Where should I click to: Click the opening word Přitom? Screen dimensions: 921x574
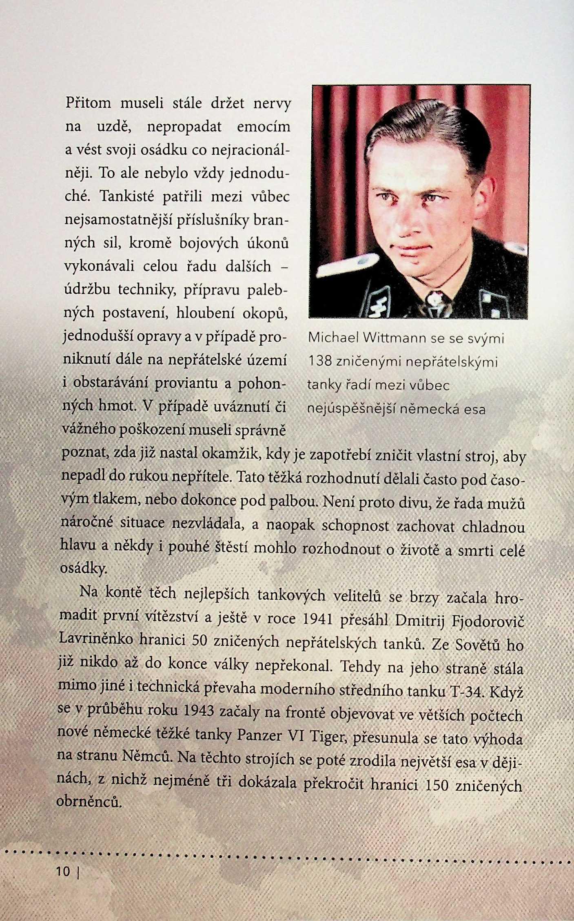[88, 103]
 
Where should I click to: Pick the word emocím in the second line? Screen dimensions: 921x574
[264, 127]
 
